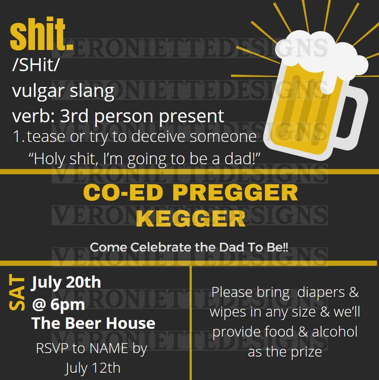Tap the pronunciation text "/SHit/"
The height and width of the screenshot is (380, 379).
pos(36,66)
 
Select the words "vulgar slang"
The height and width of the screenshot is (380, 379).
pos(63,91)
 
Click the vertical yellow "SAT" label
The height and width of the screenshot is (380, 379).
pos(18,293)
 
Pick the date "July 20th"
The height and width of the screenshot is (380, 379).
pos(66,282)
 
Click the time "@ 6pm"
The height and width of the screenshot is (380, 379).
pos(58,304)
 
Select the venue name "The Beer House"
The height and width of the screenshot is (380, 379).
pos(94,323)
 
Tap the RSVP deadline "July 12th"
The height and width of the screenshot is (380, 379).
pos(93,368)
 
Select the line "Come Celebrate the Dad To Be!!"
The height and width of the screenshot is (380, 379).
pos(189,248)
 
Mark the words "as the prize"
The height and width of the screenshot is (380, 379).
pos(285,352)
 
